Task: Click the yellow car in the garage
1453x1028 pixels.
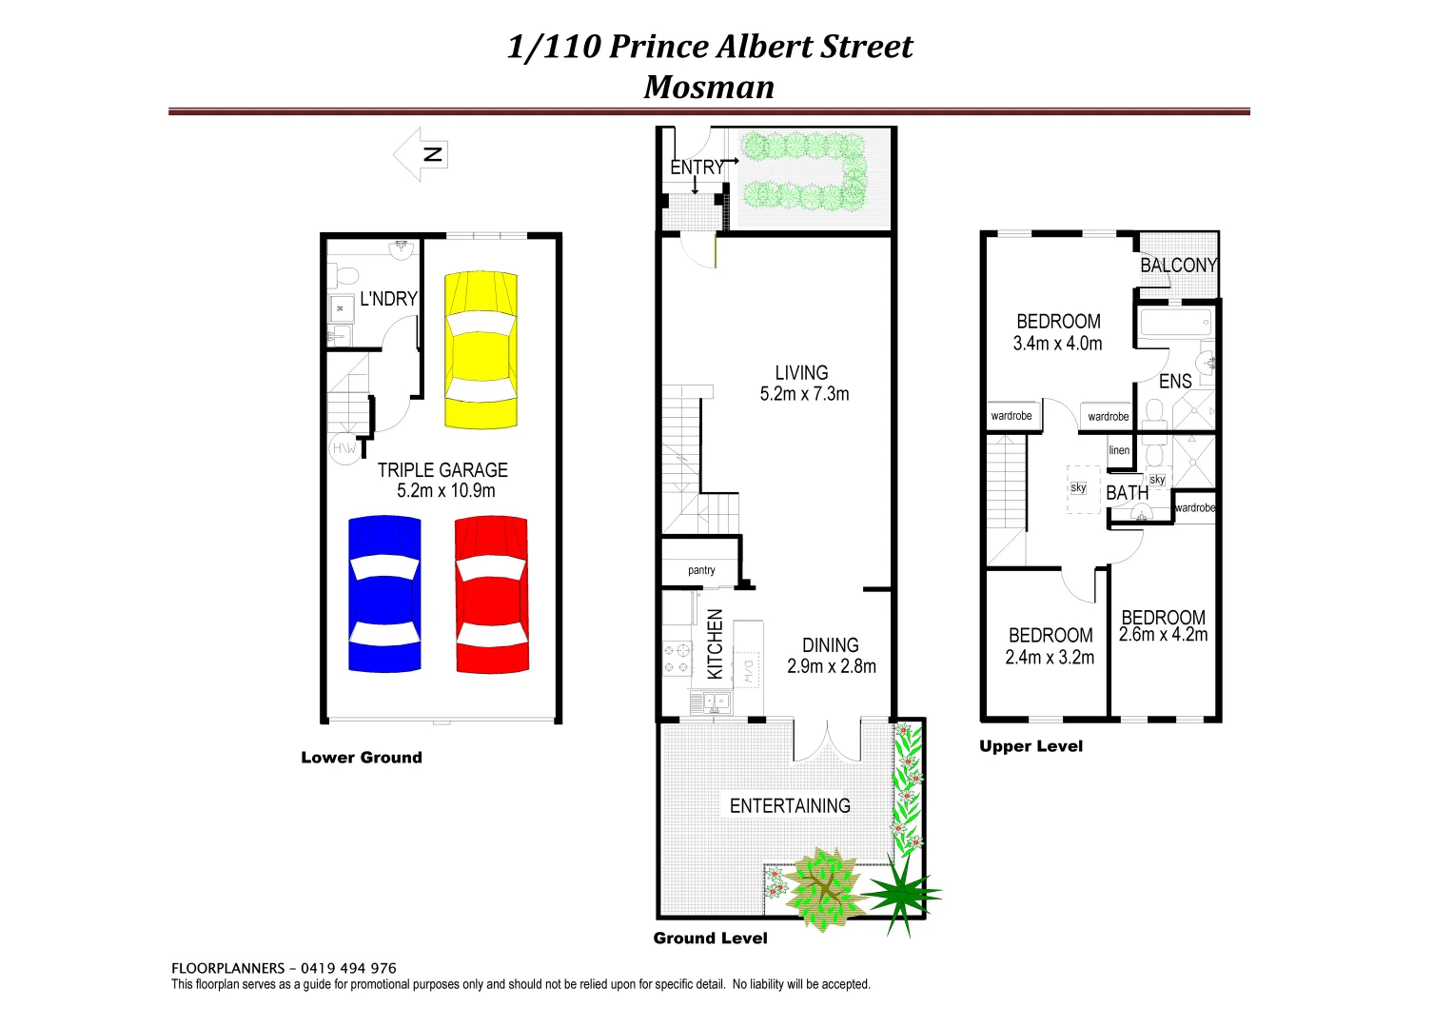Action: (481, 350)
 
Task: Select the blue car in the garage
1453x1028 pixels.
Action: (384, 594)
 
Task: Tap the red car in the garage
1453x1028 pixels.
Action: (491, 594)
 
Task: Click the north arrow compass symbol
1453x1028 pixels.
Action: (422, 154)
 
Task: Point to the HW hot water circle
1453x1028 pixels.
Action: (344, 448)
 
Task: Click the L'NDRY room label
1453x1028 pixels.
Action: (388, 299)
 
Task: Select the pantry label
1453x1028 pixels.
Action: (701, 570)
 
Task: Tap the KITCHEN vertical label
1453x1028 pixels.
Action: (716, 644)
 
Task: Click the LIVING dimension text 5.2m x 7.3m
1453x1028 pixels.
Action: (804, 394)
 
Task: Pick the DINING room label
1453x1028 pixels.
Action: (830, 645)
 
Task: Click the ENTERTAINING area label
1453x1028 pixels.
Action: (790, 806)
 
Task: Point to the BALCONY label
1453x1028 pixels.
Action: (1178, 266)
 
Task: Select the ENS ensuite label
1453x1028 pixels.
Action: (1175, 382)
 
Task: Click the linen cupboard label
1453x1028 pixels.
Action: (1119, 450)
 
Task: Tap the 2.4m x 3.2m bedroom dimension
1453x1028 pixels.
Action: (1050, 658)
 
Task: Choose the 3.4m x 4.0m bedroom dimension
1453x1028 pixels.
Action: (1057, 344)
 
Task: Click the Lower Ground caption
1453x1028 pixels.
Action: (362, 758)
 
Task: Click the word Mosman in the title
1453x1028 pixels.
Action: (709, 87)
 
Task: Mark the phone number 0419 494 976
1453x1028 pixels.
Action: (348, 968)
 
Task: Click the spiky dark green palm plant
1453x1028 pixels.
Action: (898, 893)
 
